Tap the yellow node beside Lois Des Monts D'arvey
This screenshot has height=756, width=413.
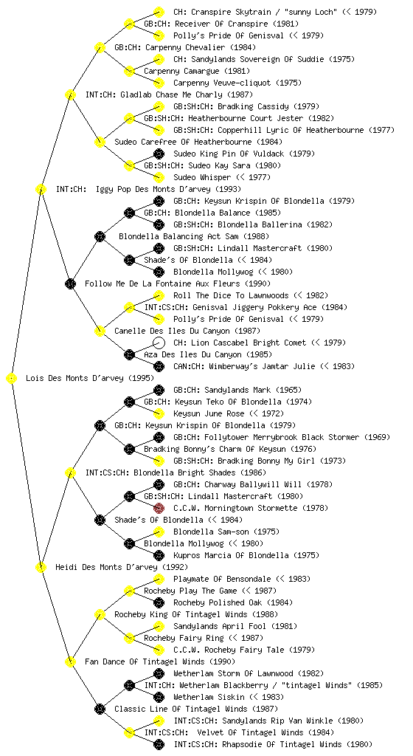click(x=12, y=379)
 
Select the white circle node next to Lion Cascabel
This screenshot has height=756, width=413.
click(x=159, y=343)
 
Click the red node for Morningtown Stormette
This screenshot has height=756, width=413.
click(x=159, y=508)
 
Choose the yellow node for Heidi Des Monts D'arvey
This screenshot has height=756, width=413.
click(x=41, y=568)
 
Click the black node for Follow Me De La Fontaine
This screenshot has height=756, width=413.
click(x=70, y=284)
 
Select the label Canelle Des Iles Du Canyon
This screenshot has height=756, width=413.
click(x=172, y=331)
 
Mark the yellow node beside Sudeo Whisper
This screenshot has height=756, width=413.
click(x=159, y=177)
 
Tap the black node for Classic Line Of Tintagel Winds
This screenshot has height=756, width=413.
click(x=100, y=709)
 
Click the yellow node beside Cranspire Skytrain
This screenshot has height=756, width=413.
click(x=159, y=12)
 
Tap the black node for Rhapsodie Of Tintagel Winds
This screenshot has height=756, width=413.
click(x=159, y=744)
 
